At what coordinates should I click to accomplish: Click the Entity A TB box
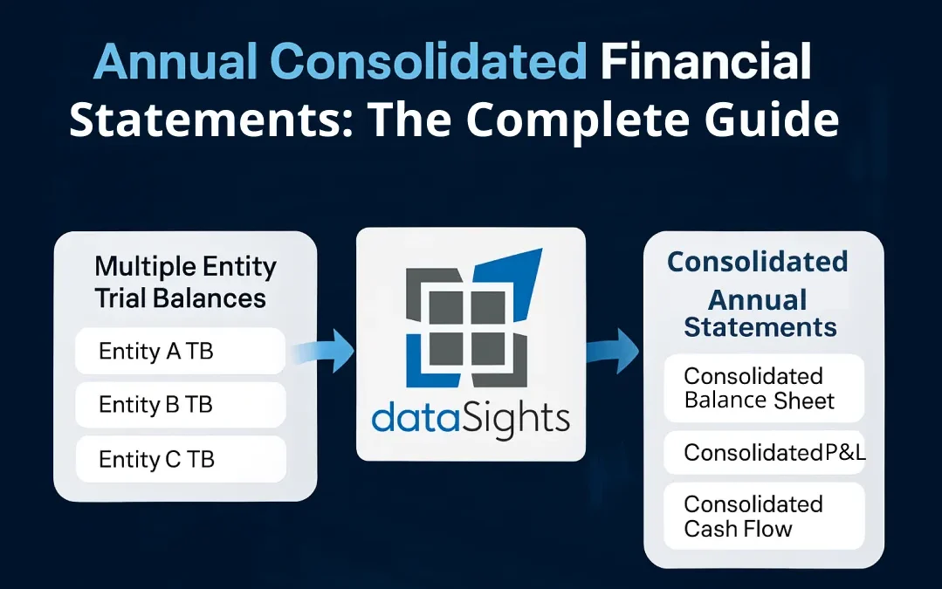coord(181,352)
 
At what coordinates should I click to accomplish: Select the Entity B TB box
coord(181,405)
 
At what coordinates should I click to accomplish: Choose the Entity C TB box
coord(181,459)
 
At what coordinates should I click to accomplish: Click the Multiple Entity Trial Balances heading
coord(185,282)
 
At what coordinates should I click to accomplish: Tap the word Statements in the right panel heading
coord(760,327)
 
